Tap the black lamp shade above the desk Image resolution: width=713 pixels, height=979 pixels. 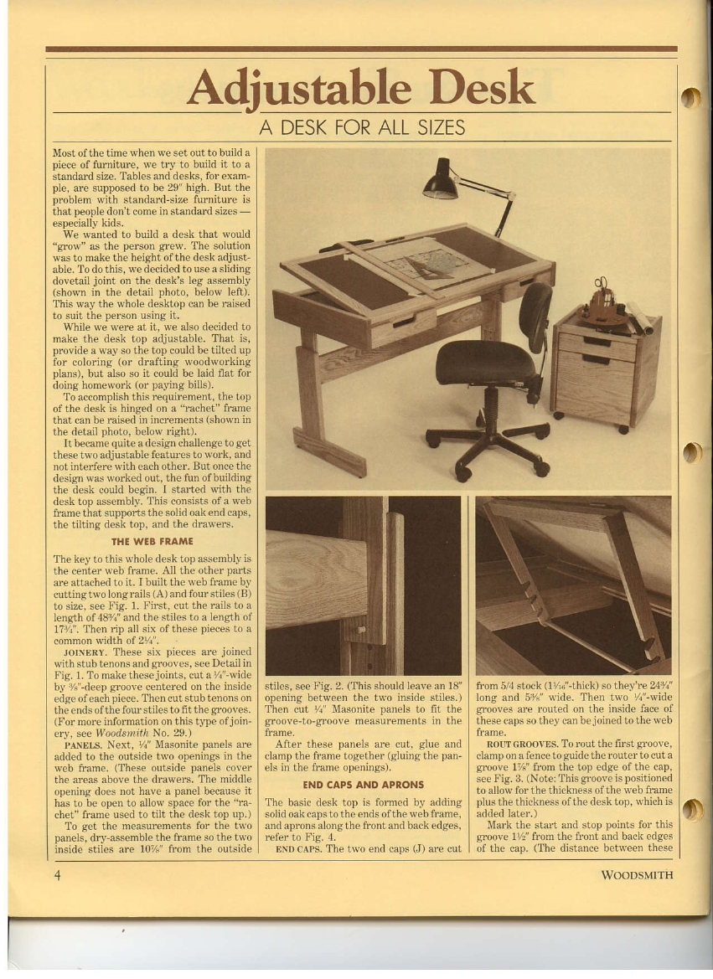439,183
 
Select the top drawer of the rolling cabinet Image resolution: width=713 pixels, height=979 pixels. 597,342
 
